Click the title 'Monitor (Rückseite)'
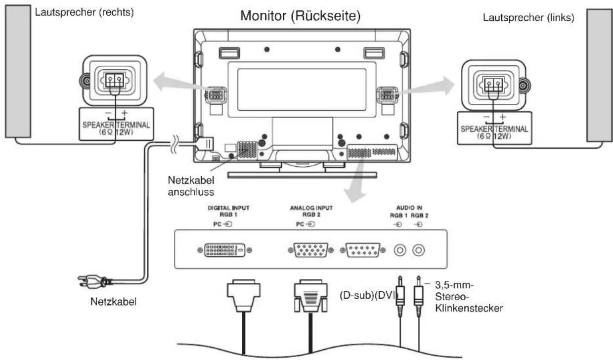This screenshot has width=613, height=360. pyautogui.click(x=300, y=16)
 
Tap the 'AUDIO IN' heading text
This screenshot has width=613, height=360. pyautogui.click(x=407, y=208)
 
